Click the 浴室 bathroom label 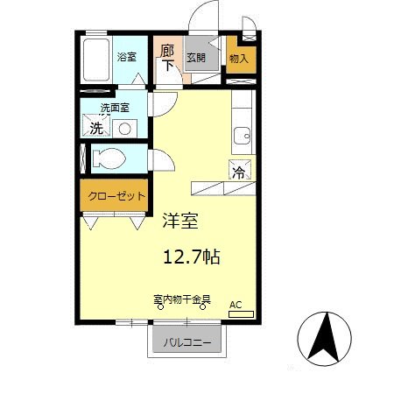(128, 58)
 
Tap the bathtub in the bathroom (95, 60)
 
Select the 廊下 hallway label (166, 58)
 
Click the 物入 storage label (238, 59)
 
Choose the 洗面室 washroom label (115, 108)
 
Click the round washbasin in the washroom (125, 128)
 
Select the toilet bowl (109, 160)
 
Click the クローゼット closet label (115, 196)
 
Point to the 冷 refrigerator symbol (239, 171)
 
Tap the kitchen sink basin (242, 135)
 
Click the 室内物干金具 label (181, 299)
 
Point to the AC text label (235, 305)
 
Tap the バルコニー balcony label (187, 342)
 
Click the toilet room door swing (160, 162)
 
